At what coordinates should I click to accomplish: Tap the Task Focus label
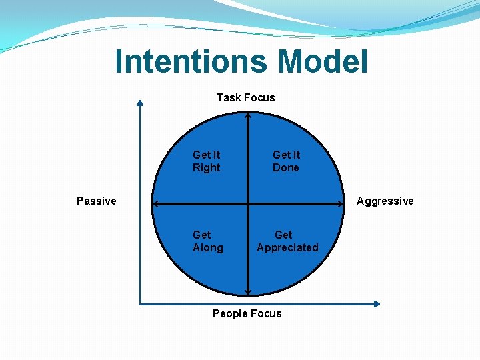245,97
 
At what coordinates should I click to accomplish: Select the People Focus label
247,313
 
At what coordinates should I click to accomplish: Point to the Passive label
96,201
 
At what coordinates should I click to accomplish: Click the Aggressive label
385,201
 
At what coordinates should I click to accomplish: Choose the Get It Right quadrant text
206,161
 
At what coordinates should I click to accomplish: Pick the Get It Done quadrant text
286,161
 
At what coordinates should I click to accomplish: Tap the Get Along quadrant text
207,241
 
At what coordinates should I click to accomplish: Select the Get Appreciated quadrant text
287,241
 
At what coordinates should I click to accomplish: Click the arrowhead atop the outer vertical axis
140,102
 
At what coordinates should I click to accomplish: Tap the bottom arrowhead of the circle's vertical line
248,293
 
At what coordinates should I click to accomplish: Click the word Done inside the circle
286,167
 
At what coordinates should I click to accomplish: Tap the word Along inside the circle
207,247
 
